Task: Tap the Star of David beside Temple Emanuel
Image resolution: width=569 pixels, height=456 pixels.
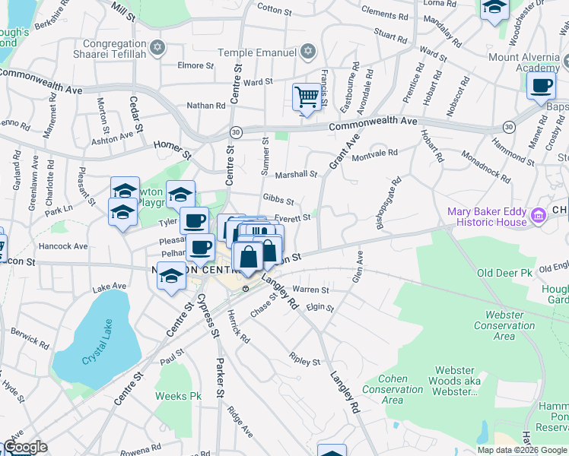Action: coord(307,52)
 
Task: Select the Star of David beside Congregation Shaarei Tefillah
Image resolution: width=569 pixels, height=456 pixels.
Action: coord(157,48)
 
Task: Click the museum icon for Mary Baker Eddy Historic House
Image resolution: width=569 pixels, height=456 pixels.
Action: coord(539,215)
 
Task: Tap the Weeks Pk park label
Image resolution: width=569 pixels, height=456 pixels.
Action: coord(178,396)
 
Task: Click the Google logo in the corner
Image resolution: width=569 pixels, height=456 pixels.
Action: coord(24,447)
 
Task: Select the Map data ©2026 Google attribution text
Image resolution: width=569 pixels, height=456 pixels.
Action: coord(522,450)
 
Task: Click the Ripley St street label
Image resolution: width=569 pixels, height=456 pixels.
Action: coord(305,358)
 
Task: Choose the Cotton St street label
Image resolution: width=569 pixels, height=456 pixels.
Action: coord(270,8)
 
